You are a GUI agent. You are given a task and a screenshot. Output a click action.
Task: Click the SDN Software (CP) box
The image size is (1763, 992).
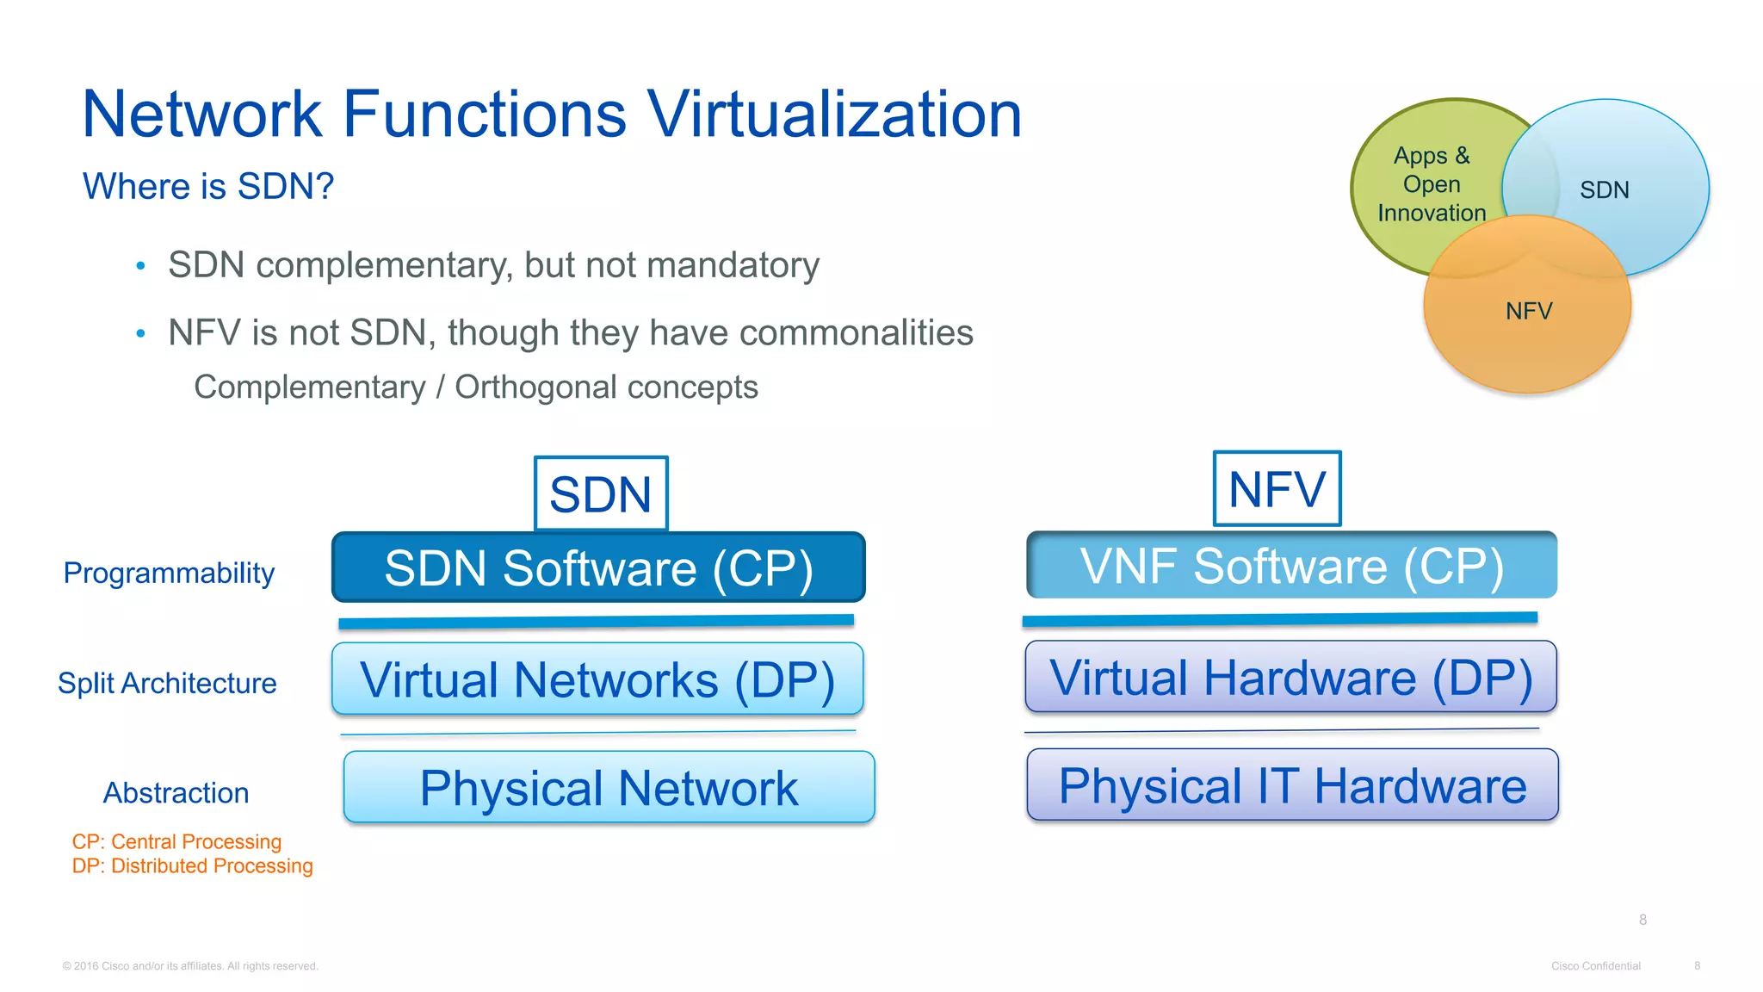pos(598,567)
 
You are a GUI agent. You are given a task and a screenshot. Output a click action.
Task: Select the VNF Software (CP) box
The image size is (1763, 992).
pos(1291,565)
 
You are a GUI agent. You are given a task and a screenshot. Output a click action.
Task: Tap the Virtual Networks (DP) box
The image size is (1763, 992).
pos(597,679)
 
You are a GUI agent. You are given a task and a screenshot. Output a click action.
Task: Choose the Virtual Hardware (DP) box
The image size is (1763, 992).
pos(1290,677)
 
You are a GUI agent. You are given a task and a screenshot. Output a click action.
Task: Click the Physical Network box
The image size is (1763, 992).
pos(609,787)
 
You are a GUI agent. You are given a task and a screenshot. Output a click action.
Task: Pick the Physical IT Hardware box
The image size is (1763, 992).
pos(1292,784)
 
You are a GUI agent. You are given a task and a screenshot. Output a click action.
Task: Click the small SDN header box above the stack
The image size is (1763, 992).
pos(601,493)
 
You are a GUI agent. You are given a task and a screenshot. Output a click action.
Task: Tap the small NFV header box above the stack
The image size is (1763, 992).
pos(1277,488)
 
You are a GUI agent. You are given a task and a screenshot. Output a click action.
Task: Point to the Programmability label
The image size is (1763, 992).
pos(169,573)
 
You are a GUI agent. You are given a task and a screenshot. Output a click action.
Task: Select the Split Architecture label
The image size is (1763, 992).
pos(167,683)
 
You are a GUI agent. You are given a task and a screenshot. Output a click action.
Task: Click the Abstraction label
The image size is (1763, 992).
pos(176,792)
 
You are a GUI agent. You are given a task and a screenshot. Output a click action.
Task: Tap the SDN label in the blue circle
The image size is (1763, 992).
pos(1605,189)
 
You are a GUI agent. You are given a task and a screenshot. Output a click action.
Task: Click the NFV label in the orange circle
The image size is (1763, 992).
pos(1529,311)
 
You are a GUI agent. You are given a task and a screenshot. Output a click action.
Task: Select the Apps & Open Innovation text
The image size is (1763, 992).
pos(1432,184)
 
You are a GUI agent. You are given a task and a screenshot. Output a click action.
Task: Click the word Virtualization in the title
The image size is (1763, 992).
pos(834,114)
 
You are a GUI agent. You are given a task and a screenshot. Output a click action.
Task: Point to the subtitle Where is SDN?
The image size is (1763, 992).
pos(208,186)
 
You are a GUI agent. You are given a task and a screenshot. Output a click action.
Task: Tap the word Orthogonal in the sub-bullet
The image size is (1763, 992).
pos(535,387)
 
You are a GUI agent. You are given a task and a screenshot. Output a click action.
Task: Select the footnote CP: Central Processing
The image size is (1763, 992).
pos(176,841)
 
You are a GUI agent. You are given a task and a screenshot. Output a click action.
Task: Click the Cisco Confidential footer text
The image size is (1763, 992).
pos(1595,966)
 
